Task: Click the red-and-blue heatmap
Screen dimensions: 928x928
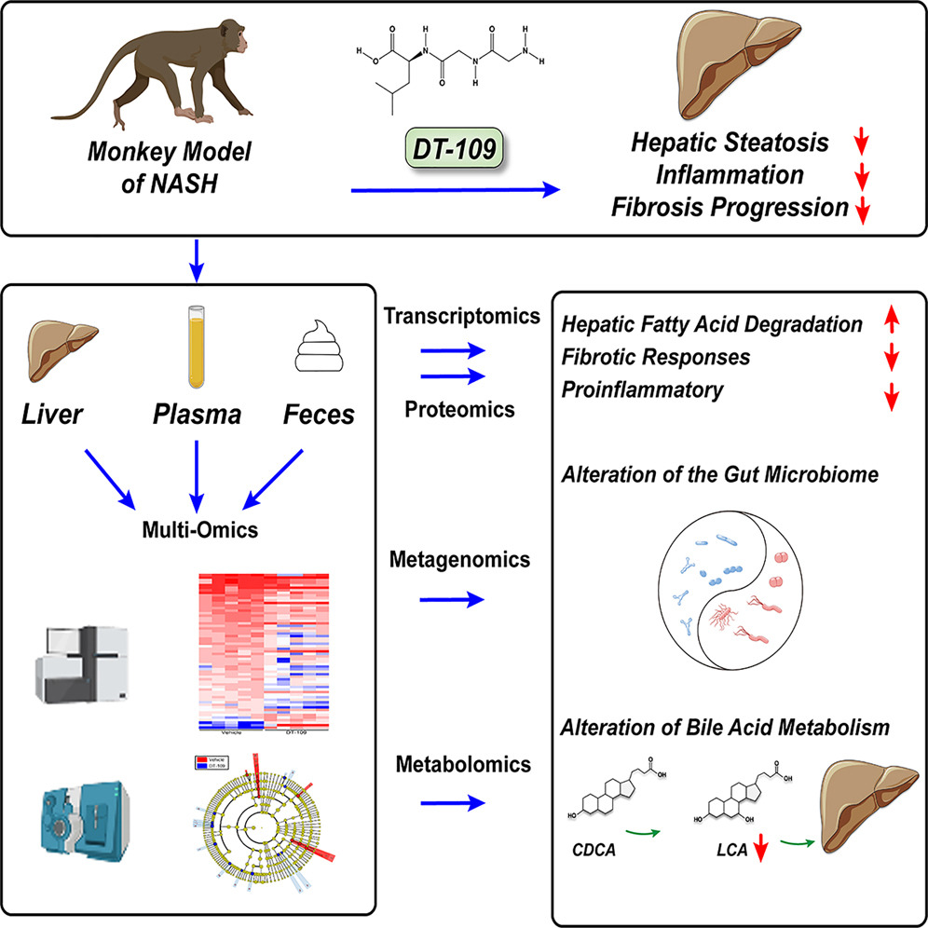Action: [266, 652]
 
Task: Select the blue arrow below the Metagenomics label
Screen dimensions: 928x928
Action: [454, 599]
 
